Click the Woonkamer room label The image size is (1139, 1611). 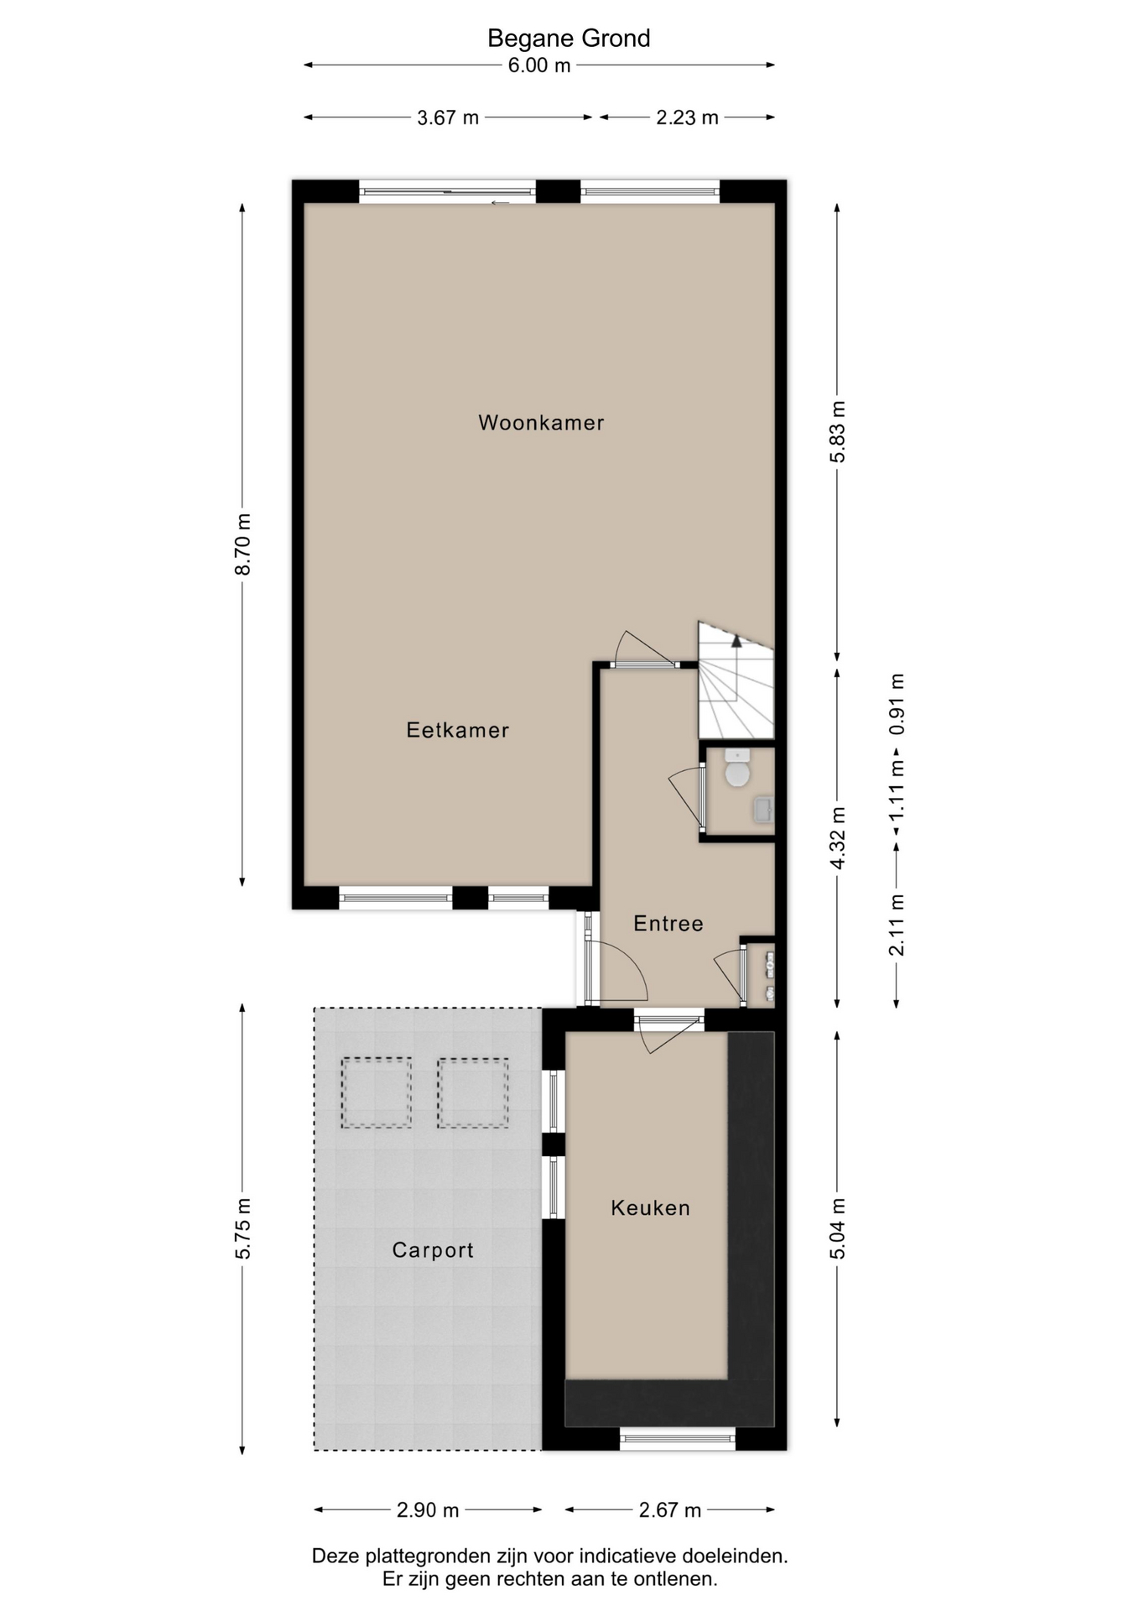(541, 422)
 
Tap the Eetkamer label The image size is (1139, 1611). (457, 730)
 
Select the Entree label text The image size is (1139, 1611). (668, 923)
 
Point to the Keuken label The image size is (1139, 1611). (650, 1207)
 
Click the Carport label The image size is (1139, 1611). (433, 1250)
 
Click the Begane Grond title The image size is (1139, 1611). (569, 38)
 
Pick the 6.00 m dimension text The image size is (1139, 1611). (539, 65)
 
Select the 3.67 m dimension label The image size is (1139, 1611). (448, 117)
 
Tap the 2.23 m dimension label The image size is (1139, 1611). (687, 117)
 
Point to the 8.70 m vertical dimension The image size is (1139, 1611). (242, 544)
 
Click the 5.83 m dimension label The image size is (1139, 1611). (837, 431)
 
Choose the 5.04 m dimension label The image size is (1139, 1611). (837, 1228)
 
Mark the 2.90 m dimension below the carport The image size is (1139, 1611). (428, 1510)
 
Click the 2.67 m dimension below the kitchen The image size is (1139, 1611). (670, 1510)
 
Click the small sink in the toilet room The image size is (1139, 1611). (763, 810)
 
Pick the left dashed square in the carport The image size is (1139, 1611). (376, 1092)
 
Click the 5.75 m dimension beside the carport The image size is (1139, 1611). (242, 1228)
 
